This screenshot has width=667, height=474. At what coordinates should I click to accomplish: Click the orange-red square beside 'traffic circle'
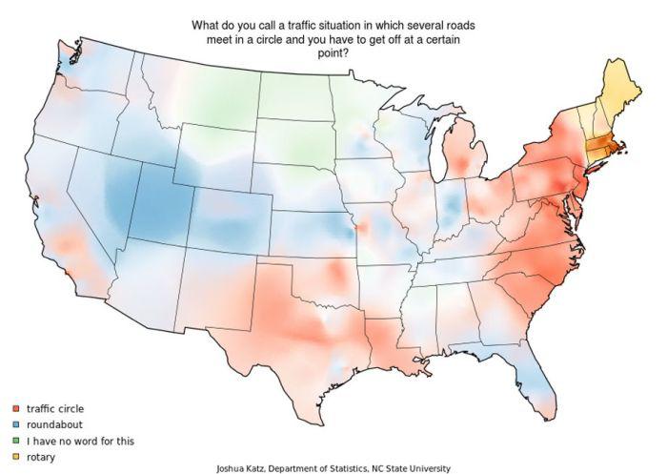point(16,409)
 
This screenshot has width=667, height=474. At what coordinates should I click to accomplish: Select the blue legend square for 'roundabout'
point(16,425)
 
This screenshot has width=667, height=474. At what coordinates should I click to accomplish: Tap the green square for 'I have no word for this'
point(16,442)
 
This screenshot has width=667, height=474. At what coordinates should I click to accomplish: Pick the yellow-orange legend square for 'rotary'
point(16,458)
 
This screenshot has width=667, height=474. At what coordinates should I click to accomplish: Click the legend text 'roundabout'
point(53,425)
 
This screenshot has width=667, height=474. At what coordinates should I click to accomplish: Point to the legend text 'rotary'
point(42,458)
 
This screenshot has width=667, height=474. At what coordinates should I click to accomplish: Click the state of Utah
point(163,204)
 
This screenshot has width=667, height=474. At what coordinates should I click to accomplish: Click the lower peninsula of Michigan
point(464,157)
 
